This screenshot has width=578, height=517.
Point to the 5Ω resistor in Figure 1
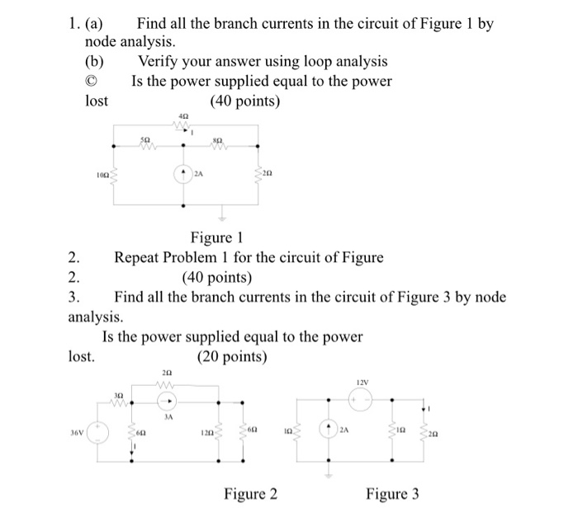click(148, 148)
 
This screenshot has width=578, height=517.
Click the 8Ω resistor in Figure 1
click(218, 148)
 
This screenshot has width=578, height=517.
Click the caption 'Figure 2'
click(251, 494)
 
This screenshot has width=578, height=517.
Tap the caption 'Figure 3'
click(392, 494)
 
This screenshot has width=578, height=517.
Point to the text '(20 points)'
click(232, 357)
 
